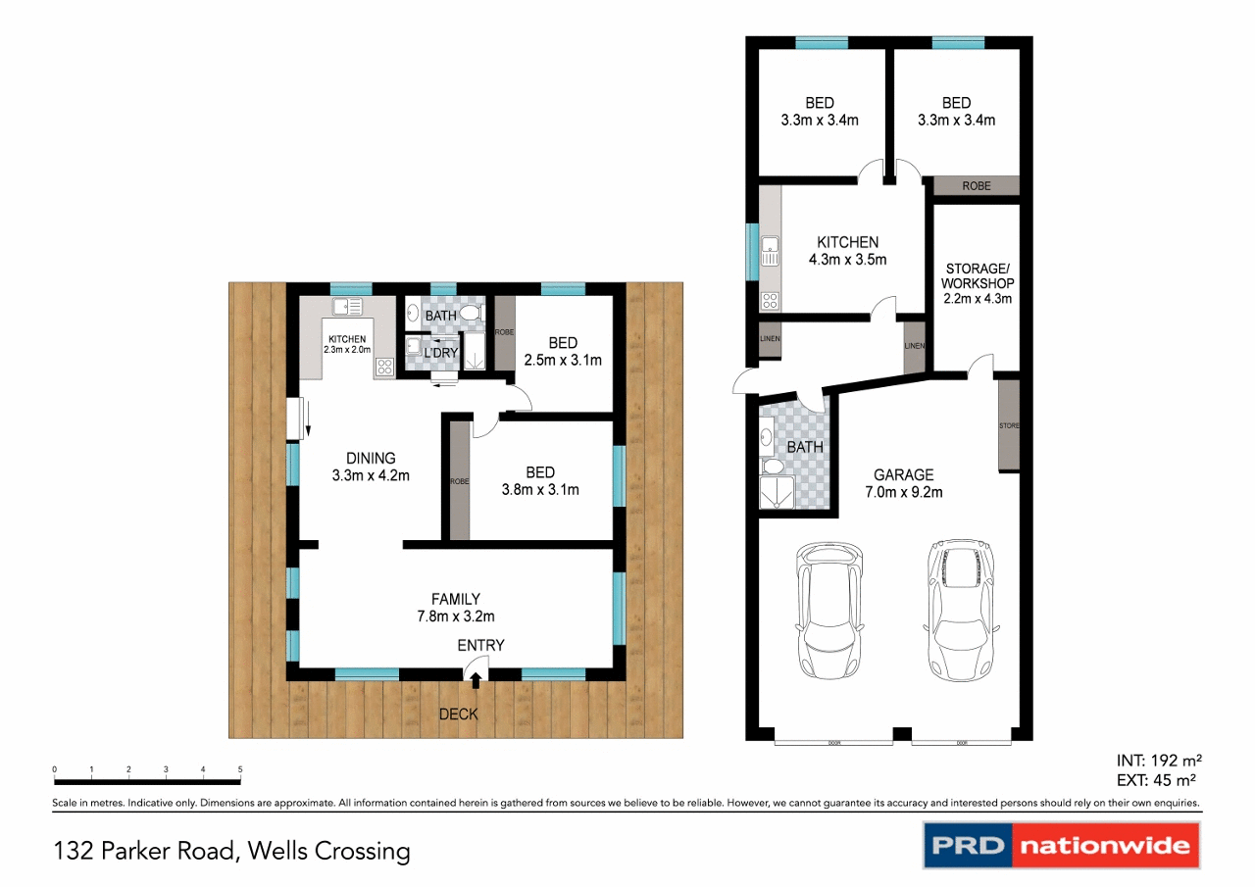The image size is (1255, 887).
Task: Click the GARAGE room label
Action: pos(903,483)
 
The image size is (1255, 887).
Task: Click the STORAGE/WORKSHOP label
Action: pos(977,283)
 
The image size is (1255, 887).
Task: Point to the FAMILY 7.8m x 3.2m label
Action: pos(456,607)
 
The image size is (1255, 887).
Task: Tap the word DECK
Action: pos(458,715)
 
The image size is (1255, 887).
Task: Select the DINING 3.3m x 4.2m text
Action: pos(371,467)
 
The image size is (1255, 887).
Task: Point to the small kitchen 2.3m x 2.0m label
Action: pos(347,344)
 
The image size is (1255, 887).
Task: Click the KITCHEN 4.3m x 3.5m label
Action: pos(847,251)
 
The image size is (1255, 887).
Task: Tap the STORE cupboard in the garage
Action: pos(1009,426)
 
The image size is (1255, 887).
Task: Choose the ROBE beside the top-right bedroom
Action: pos(976,185)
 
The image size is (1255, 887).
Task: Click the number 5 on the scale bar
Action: pos(240,769)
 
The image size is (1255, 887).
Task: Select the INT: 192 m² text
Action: pos(1159,761)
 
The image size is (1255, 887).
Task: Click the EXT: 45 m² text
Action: pos(1159,781)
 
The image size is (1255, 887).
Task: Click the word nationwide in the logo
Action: pos(1105,845)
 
